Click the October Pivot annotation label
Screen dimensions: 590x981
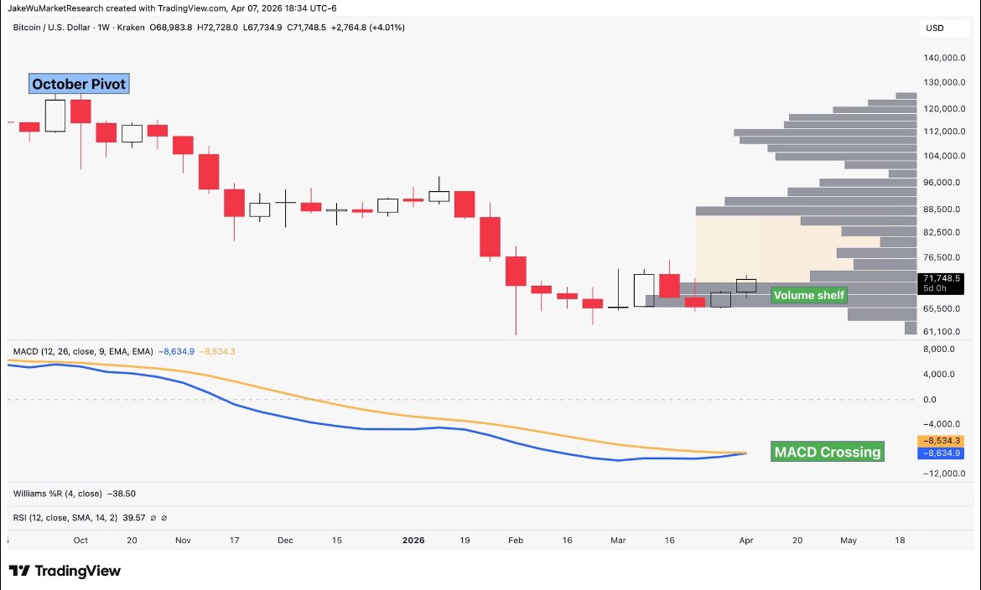[79, 85]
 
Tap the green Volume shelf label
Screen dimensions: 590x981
[808, 295]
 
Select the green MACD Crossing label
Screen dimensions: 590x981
[828, 453]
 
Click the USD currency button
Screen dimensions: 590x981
[934, 28]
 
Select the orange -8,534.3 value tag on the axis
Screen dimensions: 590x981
[939, 441]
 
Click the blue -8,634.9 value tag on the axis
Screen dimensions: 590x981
[939, 453]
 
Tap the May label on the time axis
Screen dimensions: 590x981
[849, 541]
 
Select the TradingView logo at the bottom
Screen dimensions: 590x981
[65, 571]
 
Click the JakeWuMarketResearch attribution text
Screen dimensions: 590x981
[57, 8]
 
